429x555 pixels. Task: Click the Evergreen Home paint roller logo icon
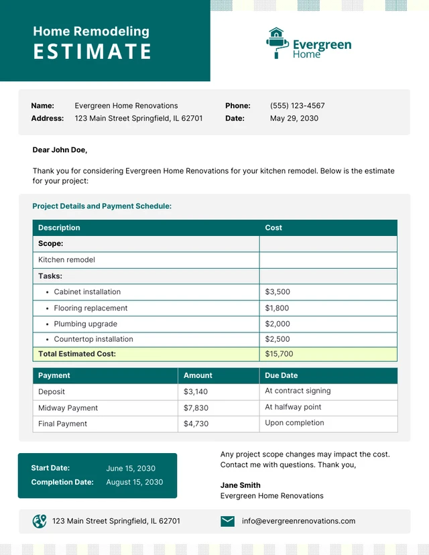275,43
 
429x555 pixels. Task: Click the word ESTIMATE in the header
93,52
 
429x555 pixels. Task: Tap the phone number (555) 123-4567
297,106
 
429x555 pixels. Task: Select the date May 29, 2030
294,119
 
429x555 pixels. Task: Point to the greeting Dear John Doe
60,150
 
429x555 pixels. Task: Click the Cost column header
273,228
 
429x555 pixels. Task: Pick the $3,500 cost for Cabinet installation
278,292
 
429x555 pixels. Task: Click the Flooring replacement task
90,308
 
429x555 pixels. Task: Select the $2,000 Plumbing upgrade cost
278,324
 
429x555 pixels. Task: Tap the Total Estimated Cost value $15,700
279,354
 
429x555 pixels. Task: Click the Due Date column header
281,375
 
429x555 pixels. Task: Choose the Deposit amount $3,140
196,391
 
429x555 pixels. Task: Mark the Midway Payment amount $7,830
196,408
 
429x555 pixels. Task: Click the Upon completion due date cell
294,423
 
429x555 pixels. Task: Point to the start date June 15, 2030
130,469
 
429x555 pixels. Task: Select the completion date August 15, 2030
134,482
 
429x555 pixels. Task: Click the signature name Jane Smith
241,485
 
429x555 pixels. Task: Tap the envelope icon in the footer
228,521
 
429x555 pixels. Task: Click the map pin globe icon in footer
40,521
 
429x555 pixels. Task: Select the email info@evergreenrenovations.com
298,521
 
